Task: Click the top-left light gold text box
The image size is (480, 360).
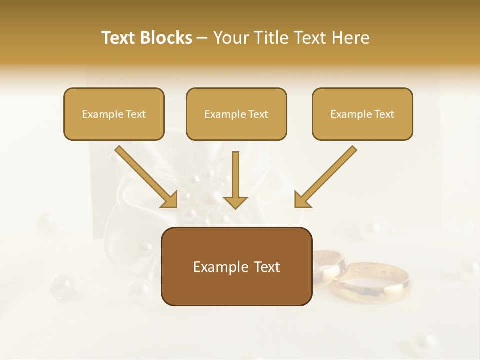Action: tap(114, 114)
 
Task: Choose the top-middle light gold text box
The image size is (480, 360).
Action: tap(236, 114)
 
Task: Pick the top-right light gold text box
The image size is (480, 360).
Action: tap(362, 114)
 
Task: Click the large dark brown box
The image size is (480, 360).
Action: tap(236, 267)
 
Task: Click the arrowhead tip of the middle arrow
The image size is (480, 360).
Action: tap(235, 207)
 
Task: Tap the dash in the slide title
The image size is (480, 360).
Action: tap(203, 38)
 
